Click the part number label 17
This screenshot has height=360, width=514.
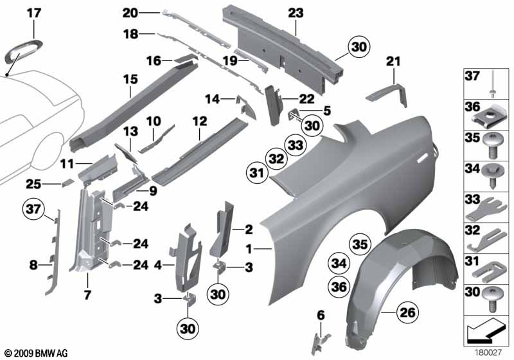pos(34,14)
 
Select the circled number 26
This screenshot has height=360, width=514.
pos(407,312)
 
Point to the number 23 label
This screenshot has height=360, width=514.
pos(296,14)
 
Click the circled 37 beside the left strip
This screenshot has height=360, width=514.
pos(33,209)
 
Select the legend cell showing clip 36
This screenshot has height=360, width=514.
pos(486,115)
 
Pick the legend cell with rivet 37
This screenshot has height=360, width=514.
pos(486,84)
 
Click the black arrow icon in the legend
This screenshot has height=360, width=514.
pos(484,330)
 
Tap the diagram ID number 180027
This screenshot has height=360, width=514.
pos(488,353)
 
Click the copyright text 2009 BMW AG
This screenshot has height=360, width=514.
pos(36,354)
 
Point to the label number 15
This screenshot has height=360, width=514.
pos(130,79)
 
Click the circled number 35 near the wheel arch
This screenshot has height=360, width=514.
pos(360,244)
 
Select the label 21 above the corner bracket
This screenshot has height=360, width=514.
pos(393,61)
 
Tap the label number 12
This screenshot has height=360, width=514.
pos(200,122)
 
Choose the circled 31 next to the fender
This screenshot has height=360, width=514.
pos(256,173)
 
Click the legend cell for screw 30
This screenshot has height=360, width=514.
pos(486,300)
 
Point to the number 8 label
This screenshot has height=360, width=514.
pos(33,265)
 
